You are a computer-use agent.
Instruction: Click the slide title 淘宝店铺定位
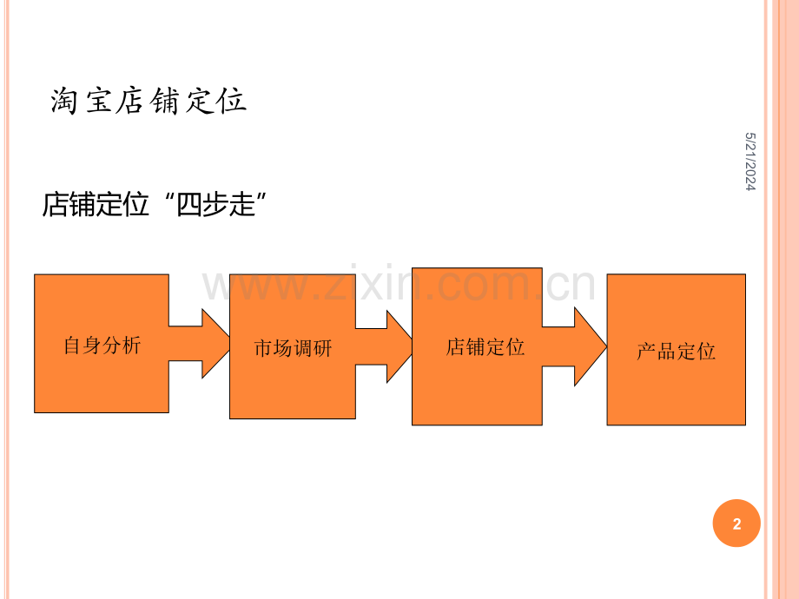pos(149,102)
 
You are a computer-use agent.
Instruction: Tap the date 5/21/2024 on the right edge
pos(749,161)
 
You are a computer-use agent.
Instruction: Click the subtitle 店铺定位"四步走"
pos(154,206)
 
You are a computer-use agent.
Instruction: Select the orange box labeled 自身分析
pos(102,382)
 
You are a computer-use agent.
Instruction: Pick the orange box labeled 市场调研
pos(293,391)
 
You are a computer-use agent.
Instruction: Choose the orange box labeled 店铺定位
pos(477,391)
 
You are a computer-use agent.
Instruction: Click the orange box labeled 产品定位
pos(676,391)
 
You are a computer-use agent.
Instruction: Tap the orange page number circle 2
pos(736,523)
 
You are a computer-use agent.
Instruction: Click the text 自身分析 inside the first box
pos(102,346)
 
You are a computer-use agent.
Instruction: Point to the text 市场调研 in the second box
pos(293,349)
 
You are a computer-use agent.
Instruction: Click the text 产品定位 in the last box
pos(676,352)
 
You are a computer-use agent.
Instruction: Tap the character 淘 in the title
pos(64,102)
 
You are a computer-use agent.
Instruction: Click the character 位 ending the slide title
pos(233,102)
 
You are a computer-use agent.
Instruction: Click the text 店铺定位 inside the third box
pos(485,347)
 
